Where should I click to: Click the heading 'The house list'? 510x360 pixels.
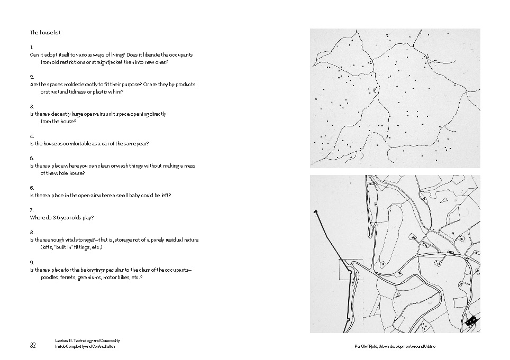coord(45,33)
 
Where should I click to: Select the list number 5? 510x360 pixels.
coord(32,158)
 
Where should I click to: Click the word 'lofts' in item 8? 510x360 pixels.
coord(48,247)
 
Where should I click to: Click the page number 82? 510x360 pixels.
coord(33,346)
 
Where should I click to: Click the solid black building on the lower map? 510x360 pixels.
coord(471,319)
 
